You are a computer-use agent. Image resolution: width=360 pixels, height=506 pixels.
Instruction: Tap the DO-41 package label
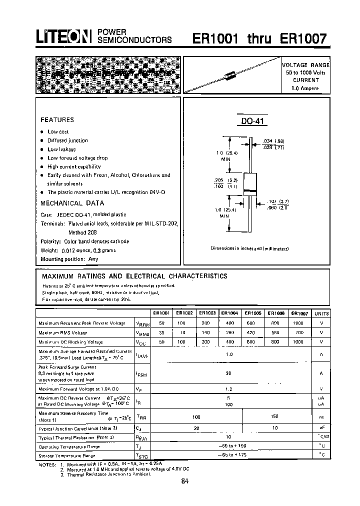coord(252,121)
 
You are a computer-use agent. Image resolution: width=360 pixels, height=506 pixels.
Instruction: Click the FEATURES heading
coord(57,120)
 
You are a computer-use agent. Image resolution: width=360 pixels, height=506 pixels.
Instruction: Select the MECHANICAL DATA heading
coord(72,203)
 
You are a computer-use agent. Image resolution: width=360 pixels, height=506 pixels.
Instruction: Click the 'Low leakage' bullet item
coord(61,149)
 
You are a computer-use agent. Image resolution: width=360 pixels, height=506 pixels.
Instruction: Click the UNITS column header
coord(320,313)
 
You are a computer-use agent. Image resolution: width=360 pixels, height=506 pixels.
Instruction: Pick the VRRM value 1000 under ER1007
coord(298,323)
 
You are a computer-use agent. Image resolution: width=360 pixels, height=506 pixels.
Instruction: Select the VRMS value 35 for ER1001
coord(160,332)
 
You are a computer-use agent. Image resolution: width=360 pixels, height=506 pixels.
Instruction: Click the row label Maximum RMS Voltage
coord(62,332)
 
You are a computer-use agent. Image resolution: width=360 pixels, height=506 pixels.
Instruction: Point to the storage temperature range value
coord(229,455)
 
